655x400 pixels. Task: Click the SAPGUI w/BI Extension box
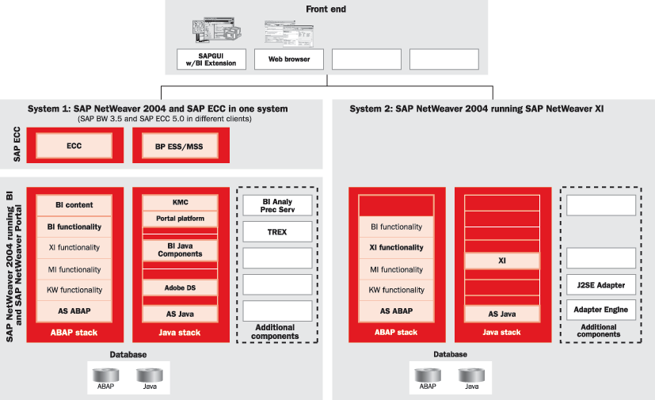point(211,59)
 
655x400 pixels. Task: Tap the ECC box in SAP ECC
point(74,146)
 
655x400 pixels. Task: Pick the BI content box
point(74,205)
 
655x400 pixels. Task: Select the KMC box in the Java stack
point(180,202)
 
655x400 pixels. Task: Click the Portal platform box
point(180,219)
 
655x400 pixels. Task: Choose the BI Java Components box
point(180,250)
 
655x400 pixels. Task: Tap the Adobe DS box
point(180,288)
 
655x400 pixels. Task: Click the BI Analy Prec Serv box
point(276,205)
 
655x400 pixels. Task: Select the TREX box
point(276,232)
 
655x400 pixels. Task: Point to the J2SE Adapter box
point(601,285)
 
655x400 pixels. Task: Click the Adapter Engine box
point(601,309)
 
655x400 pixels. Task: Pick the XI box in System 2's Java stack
point(502,260)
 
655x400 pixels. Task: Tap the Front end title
point(327,10)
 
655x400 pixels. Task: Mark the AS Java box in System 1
point(180,314)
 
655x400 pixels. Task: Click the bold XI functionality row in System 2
point(397,247)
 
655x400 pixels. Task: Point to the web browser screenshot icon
point(289,32)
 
